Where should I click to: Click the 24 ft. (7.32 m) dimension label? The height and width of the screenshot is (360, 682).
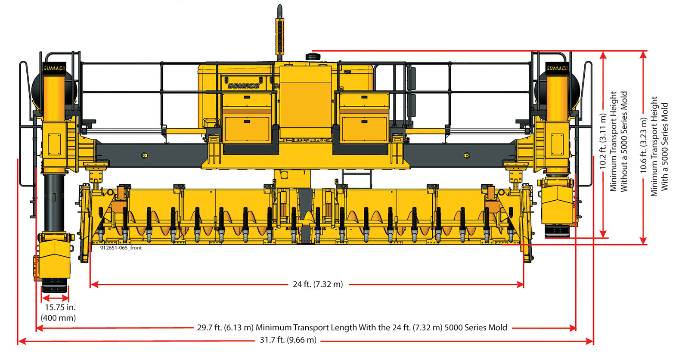(318, 284)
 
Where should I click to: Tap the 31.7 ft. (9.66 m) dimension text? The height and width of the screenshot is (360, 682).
(288, 340)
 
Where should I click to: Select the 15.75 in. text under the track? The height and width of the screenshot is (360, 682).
(60, 307)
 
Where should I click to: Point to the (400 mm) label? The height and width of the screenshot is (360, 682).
(58, 318)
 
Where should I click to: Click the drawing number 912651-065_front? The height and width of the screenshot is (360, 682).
(121, 248)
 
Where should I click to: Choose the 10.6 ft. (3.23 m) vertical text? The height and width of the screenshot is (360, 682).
(643, 146)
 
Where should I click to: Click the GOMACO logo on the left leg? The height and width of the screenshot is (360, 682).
(55, 68)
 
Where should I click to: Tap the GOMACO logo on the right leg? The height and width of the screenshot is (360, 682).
(557, 68)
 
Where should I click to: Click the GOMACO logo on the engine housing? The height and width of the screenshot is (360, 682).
(244, 86)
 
